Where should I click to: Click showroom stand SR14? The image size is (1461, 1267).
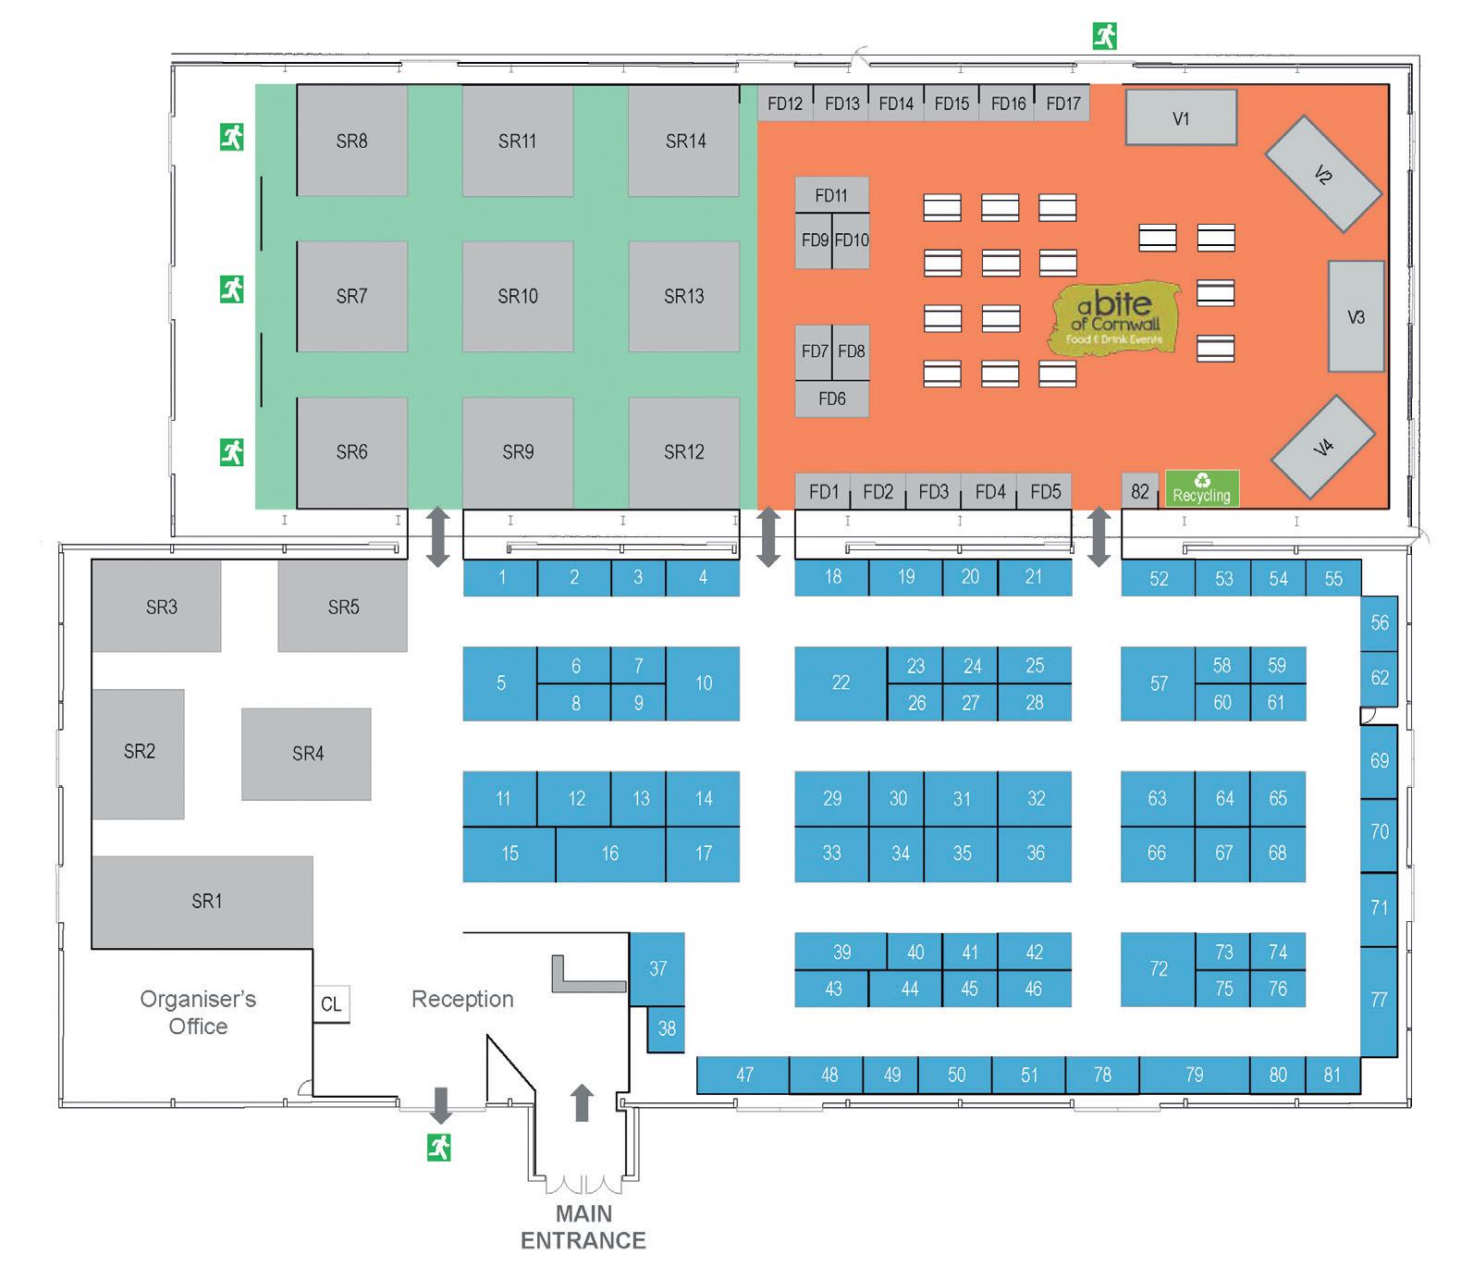pos(684,141)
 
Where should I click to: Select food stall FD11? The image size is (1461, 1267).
pos(831,195)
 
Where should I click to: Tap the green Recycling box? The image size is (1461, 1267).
pos(1201,488)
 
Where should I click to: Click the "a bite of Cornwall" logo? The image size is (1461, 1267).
pos(1115,317)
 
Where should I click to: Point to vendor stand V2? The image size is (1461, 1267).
pos(1322,174)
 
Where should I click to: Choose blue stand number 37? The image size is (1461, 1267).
pos(657,968)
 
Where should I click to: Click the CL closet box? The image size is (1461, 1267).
pos(331,1004)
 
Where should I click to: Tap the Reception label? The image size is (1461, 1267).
pos(462,999)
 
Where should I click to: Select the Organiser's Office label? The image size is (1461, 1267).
pos(198,1013)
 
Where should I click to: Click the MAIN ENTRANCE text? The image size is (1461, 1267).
pos(583,1226)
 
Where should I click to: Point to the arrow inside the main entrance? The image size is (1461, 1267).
pos(582,1102)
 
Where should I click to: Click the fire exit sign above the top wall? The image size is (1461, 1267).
pos(1105,36)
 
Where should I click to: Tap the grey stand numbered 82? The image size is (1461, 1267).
pos(1140,491)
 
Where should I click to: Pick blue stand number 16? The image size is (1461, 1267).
pos(610,854)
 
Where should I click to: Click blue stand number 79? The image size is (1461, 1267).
pos(1194,1075)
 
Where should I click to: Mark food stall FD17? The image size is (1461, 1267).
pos(1062,103)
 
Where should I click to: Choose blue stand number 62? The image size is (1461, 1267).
pos(1379,678)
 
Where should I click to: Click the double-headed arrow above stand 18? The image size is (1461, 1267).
pos(768,536)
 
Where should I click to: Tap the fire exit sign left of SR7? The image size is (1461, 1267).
pos(231,289)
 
